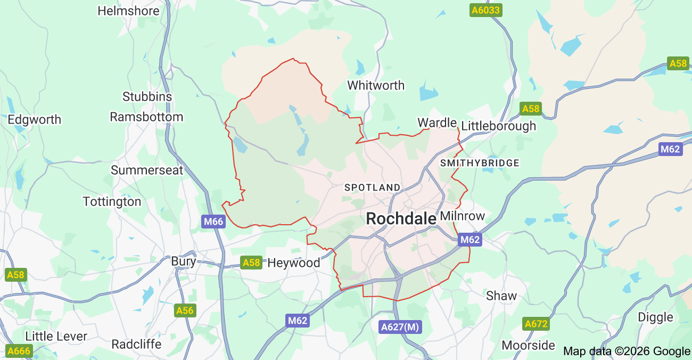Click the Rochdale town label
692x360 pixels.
[x=401, y=218]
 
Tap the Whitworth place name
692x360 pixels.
[x=375, y=85]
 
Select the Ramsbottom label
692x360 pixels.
[x=146, y=117]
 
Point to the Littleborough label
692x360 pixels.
[x=498, y=126]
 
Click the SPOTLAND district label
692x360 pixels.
[x=372, y=187]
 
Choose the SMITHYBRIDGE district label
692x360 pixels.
[x=480, y=163]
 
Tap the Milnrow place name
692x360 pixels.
[x=463, y=216]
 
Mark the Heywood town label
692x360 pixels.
[x=293, y=263]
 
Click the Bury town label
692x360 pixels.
[x=184, y=261]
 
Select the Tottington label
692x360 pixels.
[x=112, y=202]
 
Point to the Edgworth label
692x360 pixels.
[x=34, y=119]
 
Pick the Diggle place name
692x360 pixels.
[x=655, y=317]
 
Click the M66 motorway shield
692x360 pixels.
[x=213, y=222]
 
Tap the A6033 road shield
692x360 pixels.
[x=486, y=10]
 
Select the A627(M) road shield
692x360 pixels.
[x=400, y=327]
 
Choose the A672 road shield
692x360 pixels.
[x=536, y=323]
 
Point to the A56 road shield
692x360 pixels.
[x=185, y=310]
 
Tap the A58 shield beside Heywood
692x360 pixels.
[x=251, y=262]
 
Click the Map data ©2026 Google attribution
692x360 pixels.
[x=626, y=351]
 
